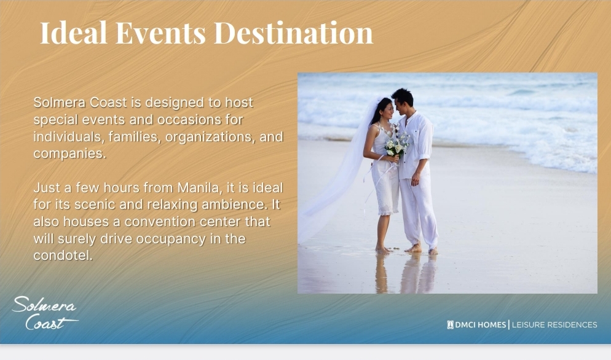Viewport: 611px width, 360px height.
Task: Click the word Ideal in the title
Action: tap(73, 33)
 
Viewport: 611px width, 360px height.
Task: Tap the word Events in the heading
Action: tap(160, 33)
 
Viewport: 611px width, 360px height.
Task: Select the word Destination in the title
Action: tap(293, 33)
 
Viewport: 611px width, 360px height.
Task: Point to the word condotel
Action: tap(63, 256)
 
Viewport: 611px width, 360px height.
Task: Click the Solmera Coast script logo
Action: tap(45, 313)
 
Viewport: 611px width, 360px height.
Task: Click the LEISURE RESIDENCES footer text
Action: tap(554, 324)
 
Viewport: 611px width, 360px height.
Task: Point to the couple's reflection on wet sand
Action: tap(405, 273)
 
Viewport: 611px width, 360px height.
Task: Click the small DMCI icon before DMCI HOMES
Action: tap(450, 324)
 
